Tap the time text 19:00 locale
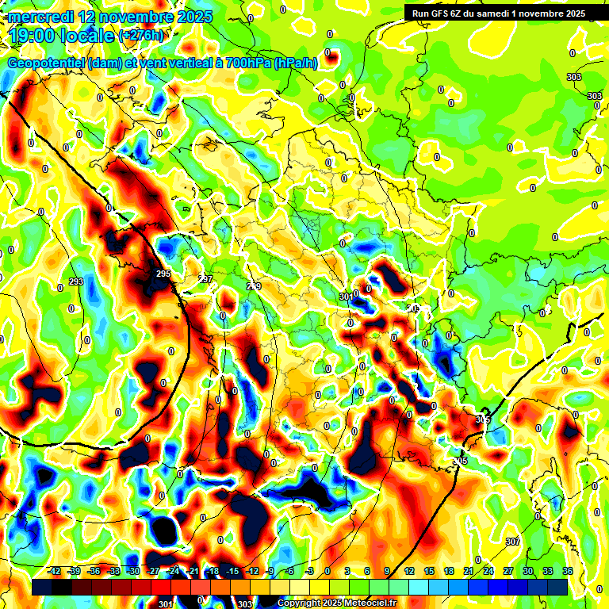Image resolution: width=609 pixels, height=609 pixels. [60, 36]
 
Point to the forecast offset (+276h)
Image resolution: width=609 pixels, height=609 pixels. [142, 36]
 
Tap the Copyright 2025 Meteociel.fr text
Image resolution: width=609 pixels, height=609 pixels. [337, 603]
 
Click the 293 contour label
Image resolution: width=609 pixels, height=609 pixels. [76, 282]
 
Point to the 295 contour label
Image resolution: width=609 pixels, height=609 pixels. [163, 274]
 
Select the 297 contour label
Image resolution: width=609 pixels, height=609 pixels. [205, 279]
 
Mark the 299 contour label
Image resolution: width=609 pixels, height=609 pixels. [254, 285]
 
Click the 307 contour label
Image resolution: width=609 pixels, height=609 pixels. [512, 541]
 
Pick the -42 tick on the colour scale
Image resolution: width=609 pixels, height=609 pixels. [55, 570]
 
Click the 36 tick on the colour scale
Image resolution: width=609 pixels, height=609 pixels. [568, 570]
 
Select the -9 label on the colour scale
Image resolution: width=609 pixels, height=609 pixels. [270, 570]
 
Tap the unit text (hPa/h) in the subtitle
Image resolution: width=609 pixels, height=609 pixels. [295, 63]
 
